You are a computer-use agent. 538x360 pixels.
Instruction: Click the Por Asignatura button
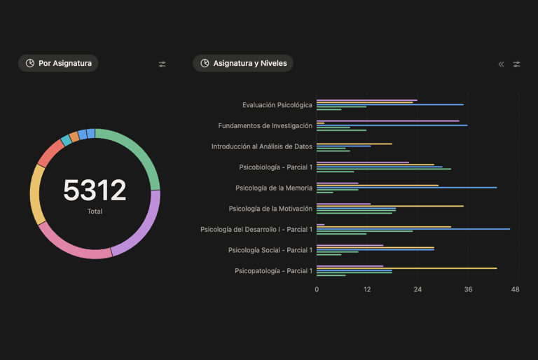[58, 63]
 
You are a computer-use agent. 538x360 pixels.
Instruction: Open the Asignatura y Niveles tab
[243, 63]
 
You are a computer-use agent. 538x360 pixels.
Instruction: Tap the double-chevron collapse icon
[501, 64]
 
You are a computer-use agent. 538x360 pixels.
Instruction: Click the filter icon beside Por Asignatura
[163, 64]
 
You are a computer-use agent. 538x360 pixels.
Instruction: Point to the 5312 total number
[95, 191]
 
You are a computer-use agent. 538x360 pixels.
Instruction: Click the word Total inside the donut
[95, 211]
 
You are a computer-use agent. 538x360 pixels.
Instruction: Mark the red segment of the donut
[50, 153]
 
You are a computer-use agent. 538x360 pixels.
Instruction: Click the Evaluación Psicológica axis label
[277, 105]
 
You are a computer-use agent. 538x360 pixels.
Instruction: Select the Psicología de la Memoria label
[274, 188]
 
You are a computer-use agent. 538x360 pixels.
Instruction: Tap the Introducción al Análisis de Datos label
[262, 146]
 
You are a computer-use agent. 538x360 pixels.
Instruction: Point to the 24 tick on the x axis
[418, 289]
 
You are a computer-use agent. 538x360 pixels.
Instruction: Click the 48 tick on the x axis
[515, 289]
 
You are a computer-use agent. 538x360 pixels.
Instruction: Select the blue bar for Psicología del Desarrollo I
[413, 228]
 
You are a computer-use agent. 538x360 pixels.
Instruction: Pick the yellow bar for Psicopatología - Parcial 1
[406, 268]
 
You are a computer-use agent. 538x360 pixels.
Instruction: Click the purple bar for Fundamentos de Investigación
[387, 120]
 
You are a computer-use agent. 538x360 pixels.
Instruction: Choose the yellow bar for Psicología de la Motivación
[389, 206]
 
